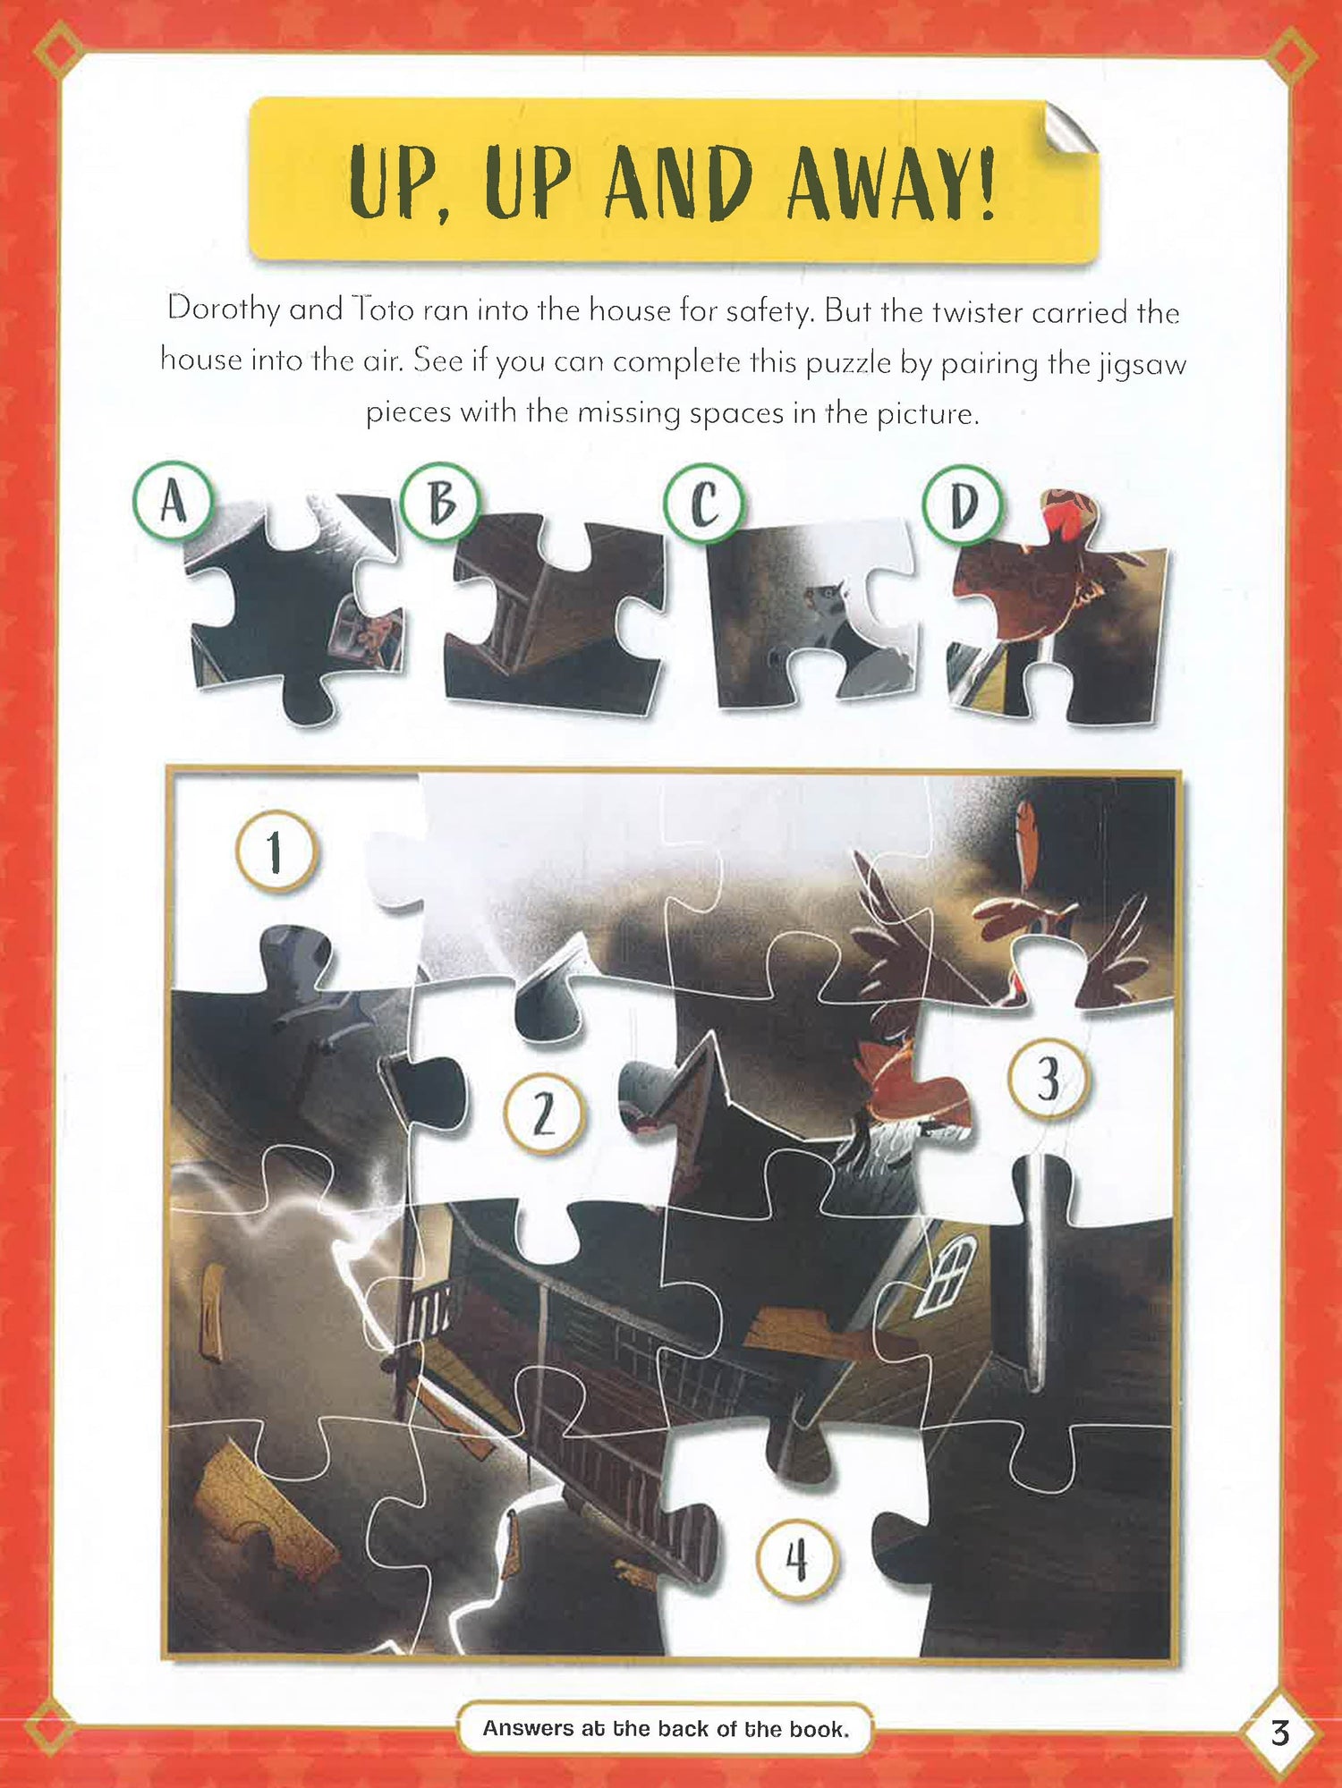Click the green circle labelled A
pos(173,501)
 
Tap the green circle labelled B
pos(439,503)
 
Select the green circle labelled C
pos(703,504)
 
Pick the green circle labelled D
pos(963,505)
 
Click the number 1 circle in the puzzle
pos(276,851)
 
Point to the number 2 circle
pos(544,1114)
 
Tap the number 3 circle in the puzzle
pos(1049,1079)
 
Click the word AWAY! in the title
pos(891,182)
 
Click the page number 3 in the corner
pos(1280,1733)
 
